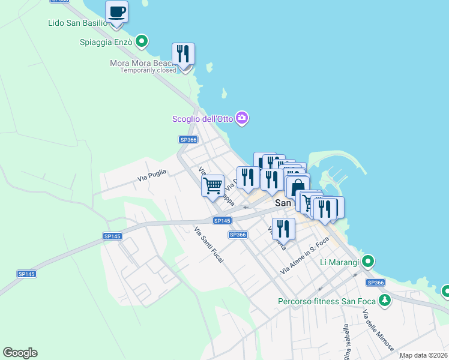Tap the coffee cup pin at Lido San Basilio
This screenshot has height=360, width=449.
point(116,11)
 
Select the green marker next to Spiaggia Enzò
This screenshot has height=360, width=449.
point(142,41)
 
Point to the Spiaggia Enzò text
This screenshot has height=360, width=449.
point(106,42)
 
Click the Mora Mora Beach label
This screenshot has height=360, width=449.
point(142,63)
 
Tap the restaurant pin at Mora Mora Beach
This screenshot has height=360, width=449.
point(183,54)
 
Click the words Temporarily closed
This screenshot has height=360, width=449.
point(148,70)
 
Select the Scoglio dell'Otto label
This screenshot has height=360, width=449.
point(202,119)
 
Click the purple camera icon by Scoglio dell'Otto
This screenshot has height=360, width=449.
point(242,118)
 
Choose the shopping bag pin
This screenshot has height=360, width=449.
point(298,187)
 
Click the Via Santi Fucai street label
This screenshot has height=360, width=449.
point(209,246)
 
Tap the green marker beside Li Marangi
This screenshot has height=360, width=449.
point(369,262)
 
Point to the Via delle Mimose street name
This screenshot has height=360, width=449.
point(378,330)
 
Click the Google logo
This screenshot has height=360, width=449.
point(20,353)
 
